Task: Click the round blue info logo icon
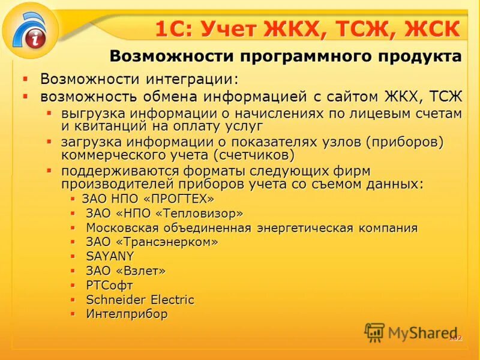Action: pos(31,30)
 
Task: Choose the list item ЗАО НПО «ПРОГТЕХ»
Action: pos(148,199)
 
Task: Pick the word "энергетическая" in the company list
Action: pos(297,228)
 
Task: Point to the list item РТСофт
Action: pos(109,285)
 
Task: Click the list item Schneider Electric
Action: pos(140,299)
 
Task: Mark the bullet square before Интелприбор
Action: pos(72,314)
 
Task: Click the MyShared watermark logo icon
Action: pos(374,332)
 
